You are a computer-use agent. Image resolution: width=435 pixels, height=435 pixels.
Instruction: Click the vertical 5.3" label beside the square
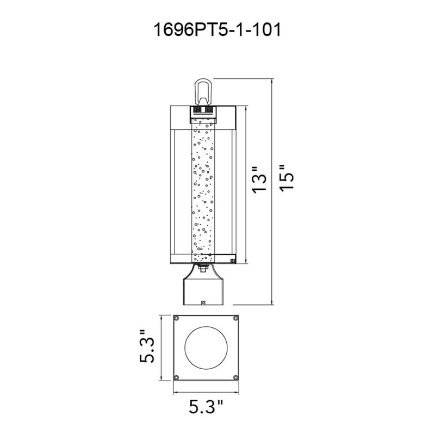(x=147, y=348)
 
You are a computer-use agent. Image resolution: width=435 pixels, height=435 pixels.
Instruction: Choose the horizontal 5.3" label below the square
(x=206, y=407)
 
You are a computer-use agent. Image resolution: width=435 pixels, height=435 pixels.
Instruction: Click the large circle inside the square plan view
(x=204, y=348)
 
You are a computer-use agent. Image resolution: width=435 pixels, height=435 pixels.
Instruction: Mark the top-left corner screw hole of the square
(x=176, y=318)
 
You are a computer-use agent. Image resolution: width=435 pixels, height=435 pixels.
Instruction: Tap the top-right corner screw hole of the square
(x=235, y=318)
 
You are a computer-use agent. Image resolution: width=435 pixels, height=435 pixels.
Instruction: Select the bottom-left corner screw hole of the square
(x=176, y=378)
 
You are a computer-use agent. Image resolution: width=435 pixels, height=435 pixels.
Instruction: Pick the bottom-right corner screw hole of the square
(x=235, y=378)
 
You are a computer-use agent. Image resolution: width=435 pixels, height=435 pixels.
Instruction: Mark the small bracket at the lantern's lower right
(x=233, y=262)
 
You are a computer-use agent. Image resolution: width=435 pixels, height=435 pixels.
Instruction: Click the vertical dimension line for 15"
(x=272, y=190)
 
